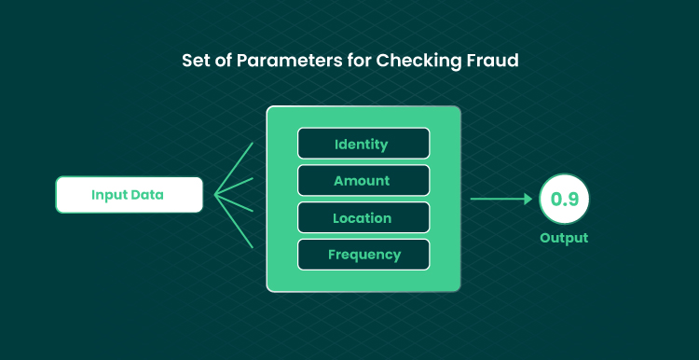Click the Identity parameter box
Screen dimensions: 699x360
(x=363, y=144)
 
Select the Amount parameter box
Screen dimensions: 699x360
(x=363, y=180)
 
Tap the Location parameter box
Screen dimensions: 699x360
(x=363, y=217)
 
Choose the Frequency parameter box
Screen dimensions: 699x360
(x=363, y=255)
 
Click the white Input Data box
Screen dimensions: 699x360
(x=129, y=195)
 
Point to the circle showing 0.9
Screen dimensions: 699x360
(x=564, y=199)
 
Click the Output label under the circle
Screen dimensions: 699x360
(x=564, y=238)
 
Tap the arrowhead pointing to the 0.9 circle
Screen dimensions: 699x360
(x=528, y=199)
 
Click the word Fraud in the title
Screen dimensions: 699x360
(x=493, y=61)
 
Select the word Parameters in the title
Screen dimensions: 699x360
(x=290, y=61)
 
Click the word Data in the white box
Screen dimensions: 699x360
(x=146, y=195)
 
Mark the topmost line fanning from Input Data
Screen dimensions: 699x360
(x=234, y=169)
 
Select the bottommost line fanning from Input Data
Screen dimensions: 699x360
(x=234, y=221)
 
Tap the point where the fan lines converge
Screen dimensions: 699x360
(x=215, y=195)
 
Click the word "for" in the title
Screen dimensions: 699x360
(x=360, y=61)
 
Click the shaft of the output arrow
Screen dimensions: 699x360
(x=498, y=199)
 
